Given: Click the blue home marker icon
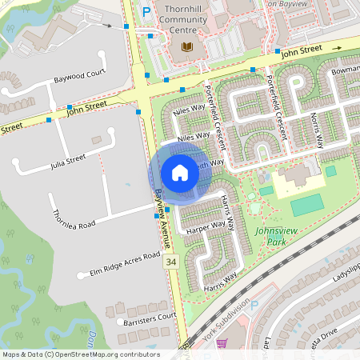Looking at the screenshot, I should click(180, 172).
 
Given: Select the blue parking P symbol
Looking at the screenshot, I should click(146, 12).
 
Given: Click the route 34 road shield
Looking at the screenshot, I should click(170, 262).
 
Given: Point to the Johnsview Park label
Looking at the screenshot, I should click(276, 235).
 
